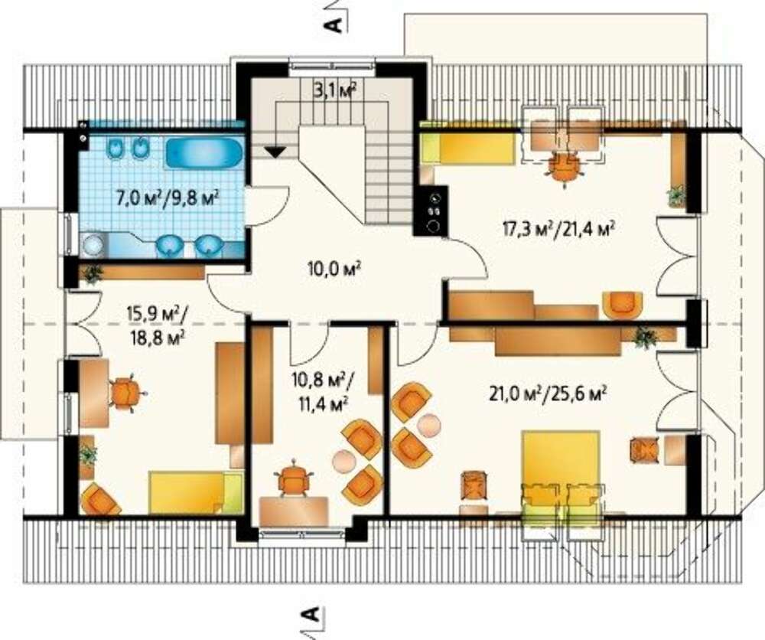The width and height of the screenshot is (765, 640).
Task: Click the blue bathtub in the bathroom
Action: [x=204, y=153]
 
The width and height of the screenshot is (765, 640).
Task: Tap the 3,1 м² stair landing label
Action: [x=335, y=90]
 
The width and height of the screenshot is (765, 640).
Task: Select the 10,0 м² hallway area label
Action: [x=334, y=268]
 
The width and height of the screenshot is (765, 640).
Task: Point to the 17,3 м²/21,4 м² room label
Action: [x=558, y=227]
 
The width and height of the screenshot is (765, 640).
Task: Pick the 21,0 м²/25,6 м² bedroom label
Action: [x=548, y=392]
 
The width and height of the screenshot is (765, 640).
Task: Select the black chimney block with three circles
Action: [x=430, y=211]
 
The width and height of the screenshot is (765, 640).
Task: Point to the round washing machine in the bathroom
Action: [x=93, y=244]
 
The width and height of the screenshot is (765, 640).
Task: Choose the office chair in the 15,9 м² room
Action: [x=125, y=392]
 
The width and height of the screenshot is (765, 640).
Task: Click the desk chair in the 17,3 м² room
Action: [x=565, y=169]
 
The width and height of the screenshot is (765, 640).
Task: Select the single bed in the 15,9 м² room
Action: [x=196, y=492]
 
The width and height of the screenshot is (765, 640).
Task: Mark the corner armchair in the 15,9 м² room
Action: [x=100, y=499]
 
